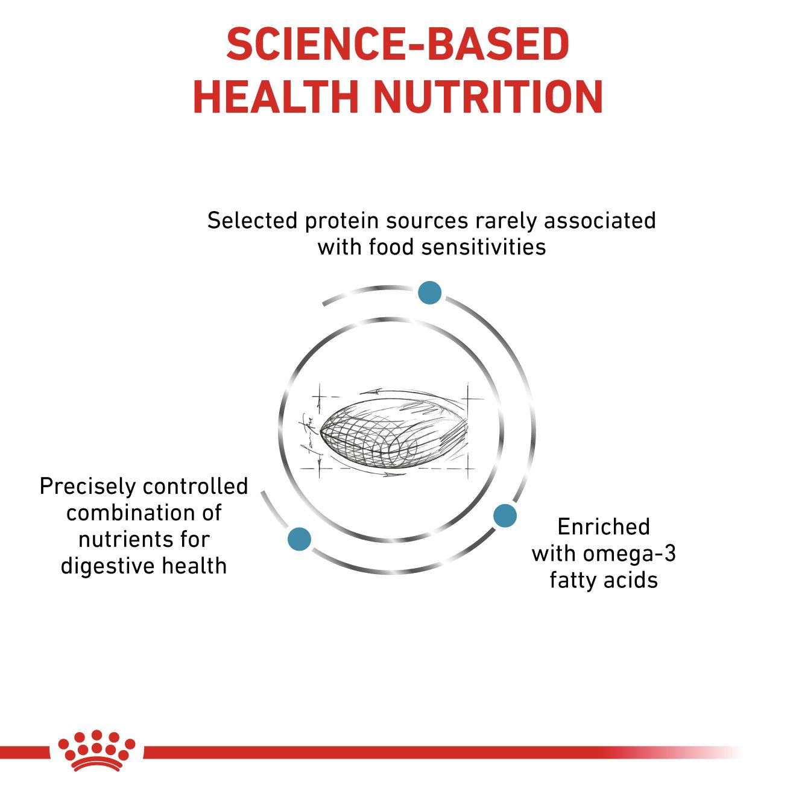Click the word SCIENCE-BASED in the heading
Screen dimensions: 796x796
click(398, 44)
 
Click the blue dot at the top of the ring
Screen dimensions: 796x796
click(429, 292)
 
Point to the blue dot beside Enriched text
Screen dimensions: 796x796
click(505, 515)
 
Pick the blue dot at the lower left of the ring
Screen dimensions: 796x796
click(299, 539)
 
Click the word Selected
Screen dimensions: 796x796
click(253, 220)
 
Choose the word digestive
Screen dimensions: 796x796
click(108, 566)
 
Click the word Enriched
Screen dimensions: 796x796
click(604, 526)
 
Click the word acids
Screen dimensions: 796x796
click(630, 580)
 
